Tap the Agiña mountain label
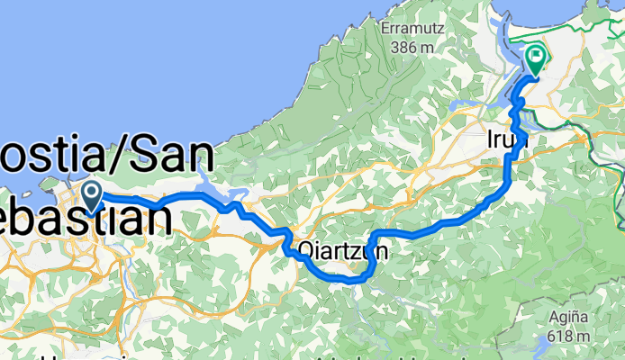click(x=572, y=317)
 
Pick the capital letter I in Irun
click(x=490, y=139)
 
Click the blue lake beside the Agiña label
click(x=544, y=347)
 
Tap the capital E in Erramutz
click(x=386, y=27)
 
